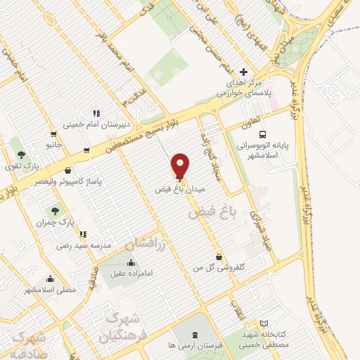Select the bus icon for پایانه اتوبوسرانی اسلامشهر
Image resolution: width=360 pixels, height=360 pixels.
pos(262,134)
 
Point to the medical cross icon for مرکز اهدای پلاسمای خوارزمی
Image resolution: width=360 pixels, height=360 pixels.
pos(244,72)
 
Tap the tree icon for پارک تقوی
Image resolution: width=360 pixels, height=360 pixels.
pos(22,154)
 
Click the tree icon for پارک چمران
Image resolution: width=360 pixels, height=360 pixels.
pos(54,210)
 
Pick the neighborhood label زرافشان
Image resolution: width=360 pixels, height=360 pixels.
pos(148,244)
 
